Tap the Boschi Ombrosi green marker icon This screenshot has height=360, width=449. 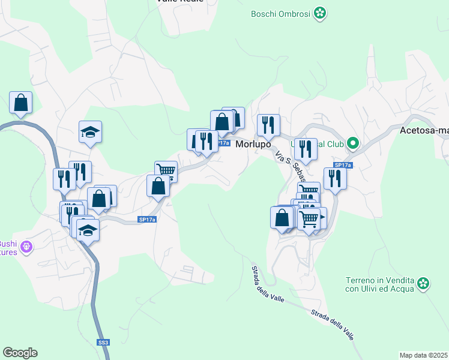(x=321, y=13)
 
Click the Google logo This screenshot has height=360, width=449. (x=20, y=353)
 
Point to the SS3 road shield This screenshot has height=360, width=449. (x=103, y=342)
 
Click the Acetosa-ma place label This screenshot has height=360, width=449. (x=424, y=130)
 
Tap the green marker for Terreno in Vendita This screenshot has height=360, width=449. (x=424, y=283)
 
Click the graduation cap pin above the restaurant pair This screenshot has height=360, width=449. (x=90, y=132)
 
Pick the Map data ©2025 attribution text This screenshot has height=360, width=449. (x=424, y=355)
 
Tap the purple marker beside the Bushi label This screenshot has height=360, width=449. (x=26, y=246)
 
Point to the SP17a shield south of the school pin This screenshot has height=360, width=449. (x=147, y=220)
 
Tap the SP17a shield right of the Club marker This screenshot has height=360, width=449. (x=342, y=165)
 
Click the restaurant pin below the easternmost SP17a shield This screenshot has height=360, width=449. (x=334, y=179)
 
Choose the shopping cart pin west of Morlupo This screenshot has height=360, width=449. (x=166, y=172)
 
